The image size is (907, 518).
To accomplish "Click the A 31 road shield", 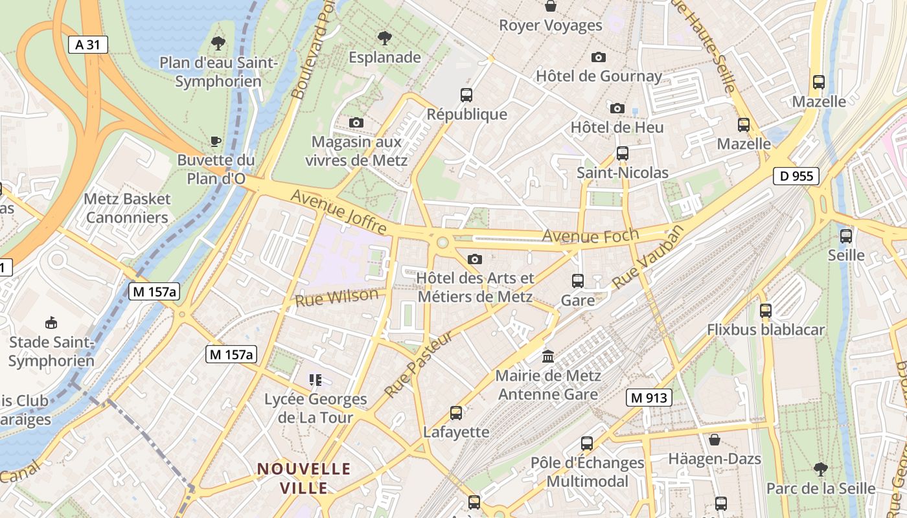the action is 88,45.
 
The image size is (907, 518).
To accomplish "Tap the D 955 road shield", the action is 796,176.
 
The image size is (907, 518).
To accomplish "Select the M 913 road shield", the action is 649,398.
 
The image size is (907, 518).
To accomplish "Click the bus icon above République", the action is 466,95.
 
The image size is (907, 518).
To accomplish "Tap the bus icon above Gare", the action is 578,281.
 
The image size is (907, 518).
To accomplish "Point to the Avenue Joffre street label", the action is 339,212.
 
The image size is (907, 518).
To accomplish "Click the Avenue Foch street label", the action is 590,236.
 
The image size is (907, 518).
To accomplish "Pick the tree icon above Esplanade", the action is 385,38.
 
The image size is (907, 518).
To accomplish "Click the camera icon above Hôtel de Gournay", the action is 599,57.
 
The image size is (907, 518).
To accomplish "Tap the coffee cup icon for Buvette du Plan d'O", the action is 216,141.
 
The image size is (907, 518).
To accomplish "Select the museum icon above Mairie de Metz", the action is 549,356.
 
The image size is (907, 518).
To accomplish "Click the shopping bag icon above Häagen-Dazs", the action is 715,440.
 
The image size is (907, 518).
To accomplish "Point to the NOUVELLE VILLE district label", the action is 304,478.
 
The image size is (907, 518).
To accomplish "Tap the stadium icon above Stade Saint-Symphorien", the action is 51,322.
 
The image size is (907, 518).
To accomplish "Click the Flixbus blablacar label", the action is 766,330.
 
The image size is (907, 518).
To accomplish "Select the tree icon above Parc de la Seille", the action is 820,469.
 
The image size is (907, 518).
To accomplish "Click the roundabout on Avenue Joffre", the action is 442,243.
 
